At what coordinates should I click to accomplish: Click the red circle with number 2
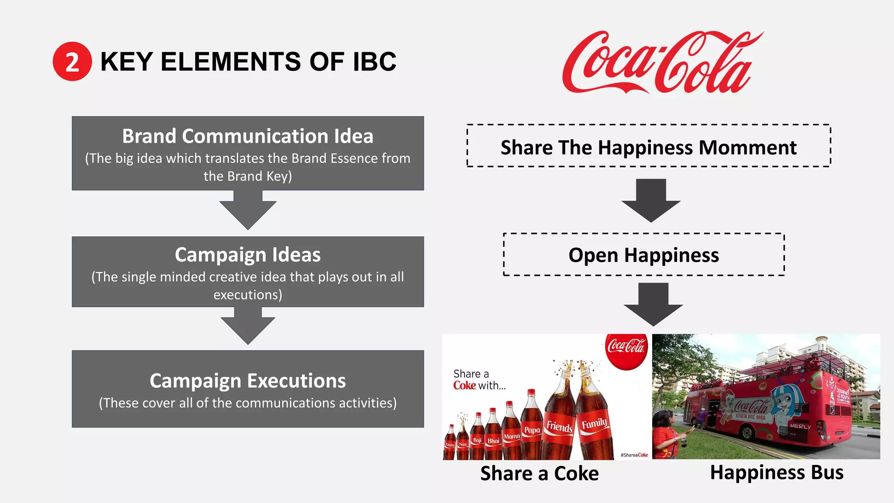coord(72,62)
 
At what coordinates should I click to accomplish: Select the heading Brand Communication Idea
coord(248,136)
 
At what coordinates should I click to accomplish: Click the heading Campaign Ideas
coord(248,255)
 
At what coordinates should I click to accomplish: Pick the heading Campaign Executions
coord(248,381)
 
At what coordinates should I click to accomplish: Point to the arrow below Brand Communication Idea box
coord(248,210)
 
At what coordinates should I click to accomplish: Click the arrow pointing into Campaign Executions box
coord(248,327)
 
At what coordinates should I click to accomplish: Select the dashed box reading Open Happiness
coord(643,255)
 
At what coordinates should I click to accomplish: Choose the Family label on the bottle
coord(594,424)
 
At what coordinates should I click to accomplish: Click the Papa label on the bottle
coord(532,430)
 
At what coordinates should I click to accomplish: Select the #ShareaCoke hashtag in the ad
coord(634,455)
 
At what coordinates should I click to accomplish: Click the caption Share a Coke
coord(540,474)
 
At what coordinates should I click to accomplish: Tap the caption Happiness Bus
coord(777,473)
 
